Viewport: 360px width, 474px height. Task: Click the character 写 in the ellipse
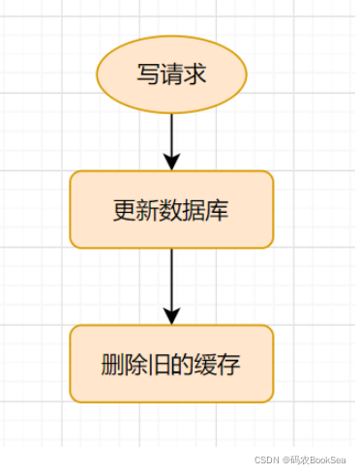148,74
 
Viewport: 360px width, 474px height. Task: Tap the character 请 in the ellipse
171,74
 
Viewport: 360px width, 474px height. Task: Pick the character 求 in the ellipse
195,74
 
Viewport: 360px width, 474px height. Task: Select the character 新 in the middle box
148,210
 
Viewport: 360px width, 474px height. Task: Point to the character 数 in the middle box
171,210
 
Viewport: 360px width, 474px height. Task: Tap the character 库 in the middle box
218,210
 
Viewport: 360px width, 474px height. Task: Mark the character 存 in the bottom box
229,365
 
